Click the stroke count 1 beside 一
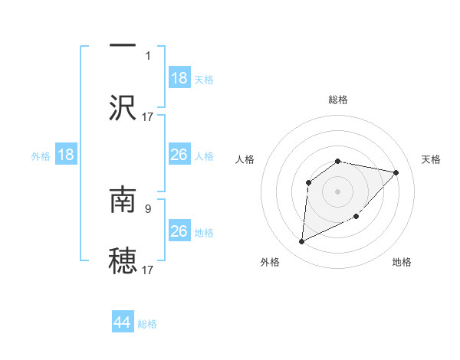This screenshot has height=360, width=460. coord(148,55)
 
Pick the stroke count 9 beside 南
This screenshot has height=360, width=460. coord(148,207)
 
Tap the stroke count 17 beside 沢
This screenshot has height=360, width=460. coord(148,116)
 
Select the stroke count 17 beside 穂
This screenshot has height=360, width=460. coord(148,269)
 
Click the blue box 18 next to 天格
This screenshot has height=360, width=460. coord(179,78)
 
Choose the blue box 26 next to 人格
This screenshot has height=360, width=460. coord(179,155)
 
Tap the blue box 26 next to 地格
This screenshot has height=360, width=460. coord(179,231)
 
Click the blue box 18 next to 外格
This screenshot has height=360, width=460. coord(66,155)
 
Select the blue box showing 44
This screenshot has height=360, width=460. coord(123,322)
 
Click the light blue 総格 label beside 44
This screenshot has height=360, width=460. coord(147,324)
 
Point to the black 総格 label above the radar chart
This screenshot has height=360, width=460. coord(338,100)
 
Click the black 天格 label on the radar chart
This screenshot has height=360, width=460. coord(432,159)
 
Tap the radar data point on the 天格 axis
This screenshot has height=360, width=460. coord(396,172)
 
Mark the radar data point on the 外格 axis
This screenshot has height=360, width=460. coord(301,242)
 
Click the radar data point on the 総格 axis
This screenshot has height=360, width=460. coord(338,161)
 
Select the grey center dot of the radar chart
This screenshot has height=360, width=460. coord(338,191)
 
